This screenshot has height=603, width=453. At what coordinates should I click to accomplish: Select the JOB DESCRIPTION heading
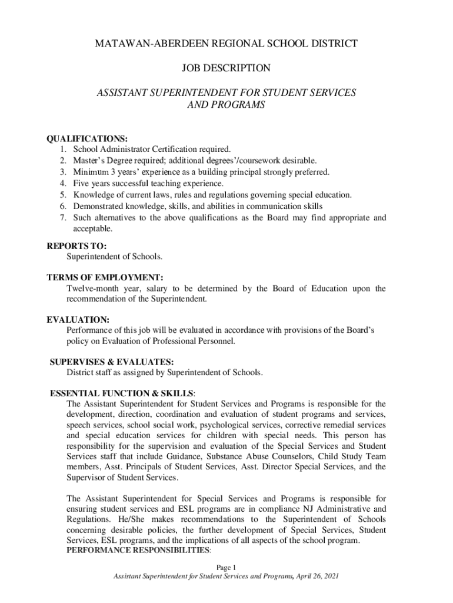pos(226,68)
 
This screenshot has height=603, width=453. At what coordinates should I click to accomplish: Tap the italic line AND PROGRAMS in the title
pos(226,105)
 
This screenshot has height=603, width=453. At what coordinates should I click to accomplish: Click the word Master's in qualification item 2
pos(90,161)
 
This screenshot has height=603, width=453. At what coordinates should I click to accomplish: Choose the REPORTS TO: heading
pos(76,247)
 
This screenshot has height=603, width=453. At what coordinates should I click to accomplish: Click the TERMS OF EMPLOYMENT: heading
pos(105,277)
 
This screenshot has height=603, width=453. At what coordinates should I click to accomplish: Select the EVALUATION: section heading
pos(78,319)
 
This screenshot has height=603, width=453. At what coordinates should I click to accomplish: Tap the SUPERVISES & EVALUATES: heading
pos(112,362)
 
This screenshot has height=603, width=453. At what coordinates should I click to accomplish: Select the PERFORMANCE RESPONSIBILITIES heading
pos(138,550)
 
